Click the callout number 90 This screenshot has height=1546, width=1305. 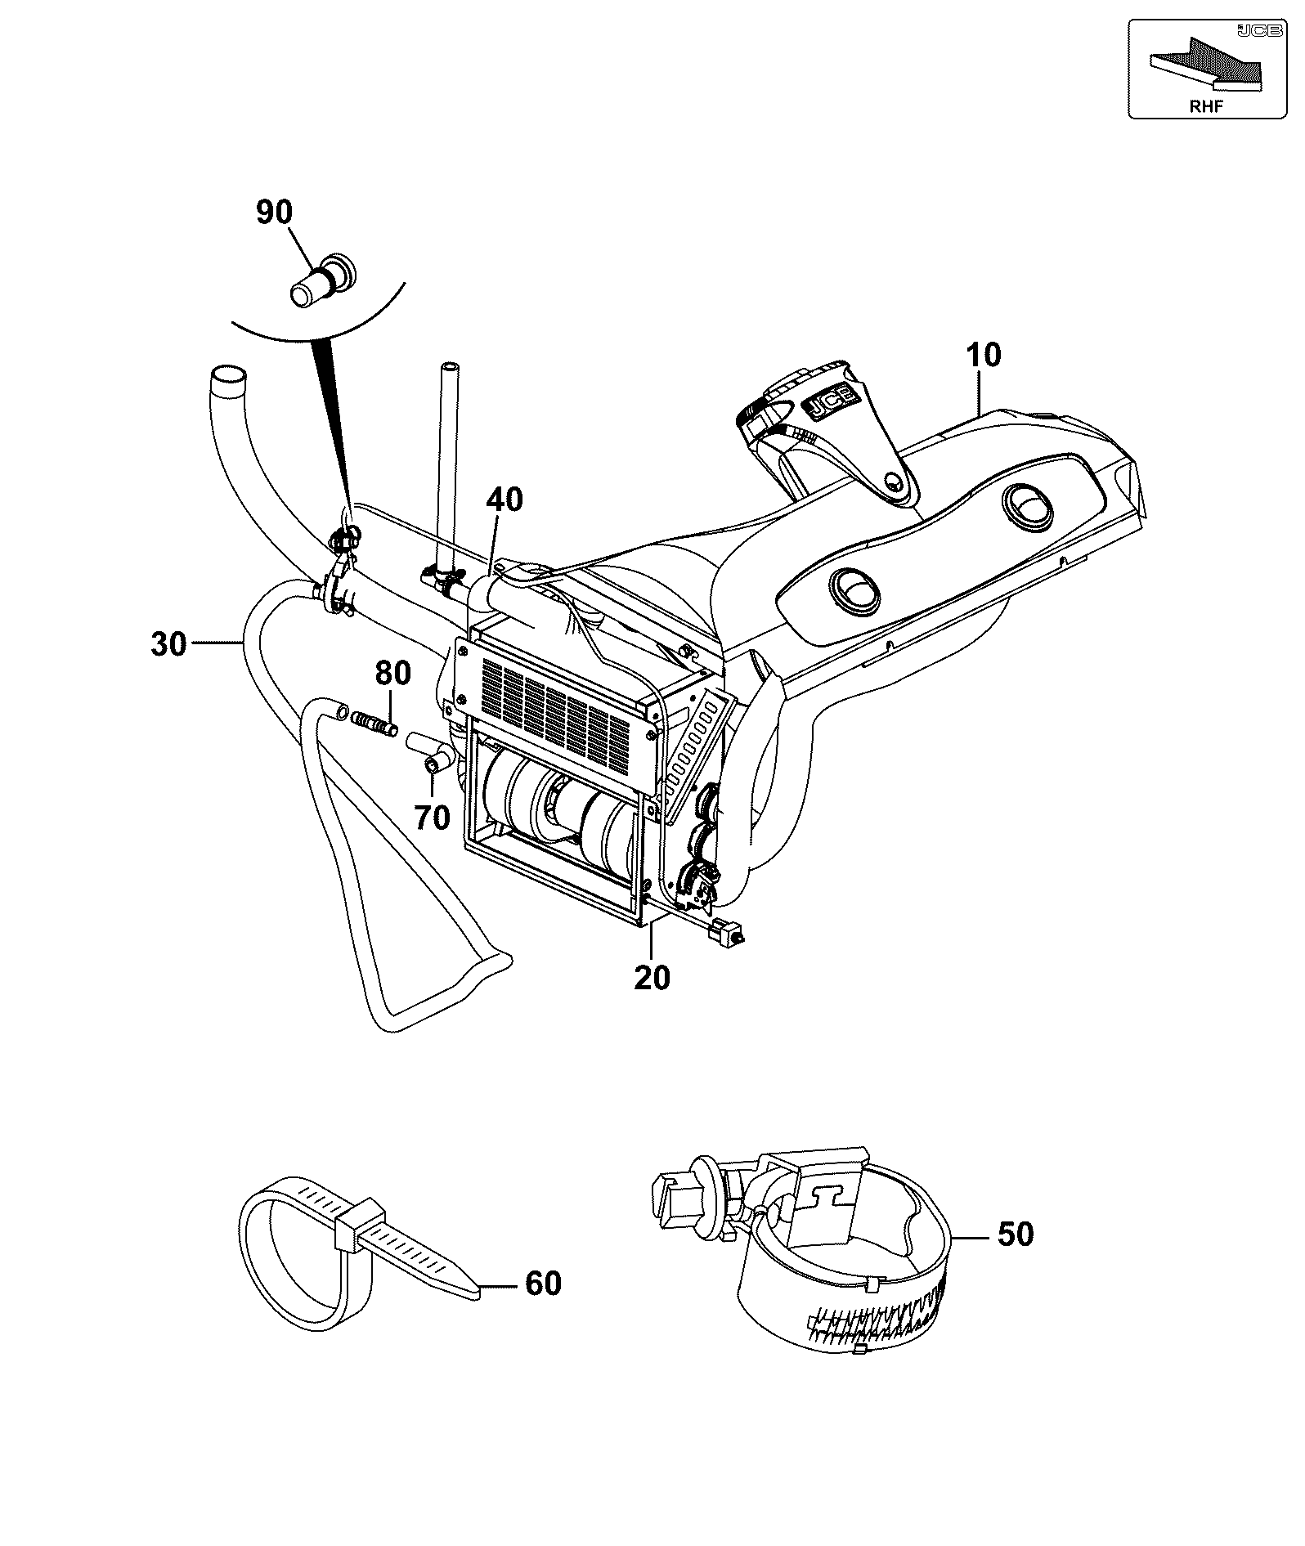click(274, 213)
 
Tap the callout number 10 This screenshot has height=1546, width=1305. click(983, 356)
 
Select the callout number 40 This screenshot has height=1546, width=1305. click(505, 500)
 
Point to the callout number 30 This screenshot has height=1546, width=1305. click(169, 644)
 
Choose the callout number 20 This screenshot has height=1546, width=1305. click(652, 977)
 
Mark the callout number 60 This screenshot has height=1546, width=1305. click(543, 1284)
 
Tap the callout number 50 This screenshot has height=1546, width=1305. click(1016, 1234)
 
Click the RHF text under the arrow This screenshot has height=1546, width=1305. click(1206, 105)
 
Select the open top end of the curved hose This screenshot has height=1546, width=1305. click(228, 379)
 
